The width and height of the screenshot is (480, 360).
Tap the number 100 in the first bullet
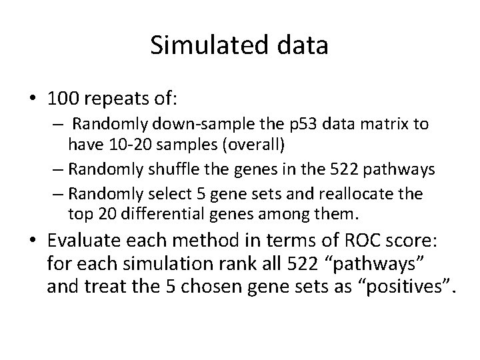tap(62, 101)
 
